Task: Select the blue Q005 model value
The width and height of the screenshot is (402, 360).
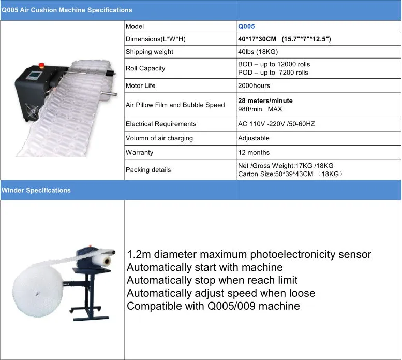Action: (246, 26)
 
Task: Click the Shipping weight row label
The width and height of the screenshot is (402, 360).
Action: (150, 52)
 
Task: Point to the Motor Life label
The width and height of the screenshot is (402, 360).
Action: (140, 85)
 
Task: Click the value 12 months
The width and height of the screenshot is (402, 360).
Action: (254, 153)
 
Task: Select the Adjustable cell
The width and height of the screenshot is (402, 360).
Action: (254, 138)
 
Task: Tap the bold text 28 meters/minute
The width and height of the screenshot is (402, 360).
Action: (265, 100)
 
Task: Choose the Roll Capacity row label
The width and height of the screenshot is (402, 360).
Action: (145, 68)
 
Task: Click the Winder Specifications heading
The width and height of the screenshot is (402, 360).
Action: (36, 190)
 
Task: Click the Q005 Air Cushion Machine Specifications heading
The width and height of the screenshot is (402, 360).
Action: (67, 10)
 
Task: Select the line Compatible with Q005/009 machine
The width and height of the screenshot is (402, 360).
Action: (213, 306)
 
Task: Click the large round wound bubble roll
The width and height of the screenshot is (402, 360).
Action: (34, 290)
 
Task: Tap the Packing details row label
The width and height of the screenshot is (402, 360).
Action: (148, 170)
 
